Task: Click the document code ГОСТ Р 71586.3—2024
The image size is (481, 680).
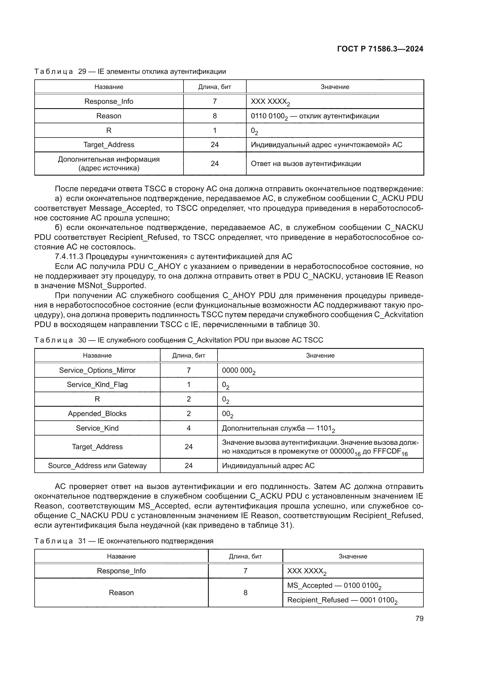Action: click(380, 49)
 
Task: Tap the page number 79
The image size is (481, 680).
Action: click(419, 618)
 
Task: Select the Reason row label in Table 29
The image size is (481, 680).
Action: click(109, 116)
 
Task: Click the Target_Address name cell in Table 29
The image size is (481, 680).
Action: click(109, 145)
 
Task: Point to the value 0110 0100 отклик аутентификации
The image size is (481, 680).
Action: click(315, 116)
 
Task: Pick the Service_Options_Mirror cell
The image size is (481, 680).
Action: click(97, 370)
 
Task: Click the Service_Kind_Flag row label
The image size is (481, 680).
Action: click(97, 385)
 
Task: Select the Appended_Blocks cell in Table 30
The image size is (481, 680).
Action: click(97, 414)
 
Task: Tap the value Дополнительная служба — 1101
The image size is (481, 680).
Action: click(278, 428)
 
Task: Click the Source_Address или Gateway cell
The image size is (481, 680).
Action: click(97, 465)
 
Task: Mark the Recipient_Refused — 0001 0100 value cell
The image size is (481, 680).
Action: click(342, 600)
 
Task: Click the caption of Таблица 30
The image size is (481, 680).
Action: click(179, 340)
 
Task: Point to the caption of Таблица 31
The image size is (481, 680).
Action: click(124, 541)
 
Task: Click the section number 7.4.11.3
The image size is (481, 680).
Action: click(69, 256)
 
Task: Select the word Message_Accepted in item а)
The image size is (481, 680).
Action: click(125, 208)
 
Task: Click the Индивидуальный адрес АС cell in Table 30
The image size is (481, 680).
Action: click(268, 465)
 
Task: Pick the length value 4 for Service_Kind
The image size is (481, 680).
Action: click(189, 428)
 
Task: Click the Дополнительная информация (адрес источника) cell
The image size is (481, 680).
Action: click(109, 163)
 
